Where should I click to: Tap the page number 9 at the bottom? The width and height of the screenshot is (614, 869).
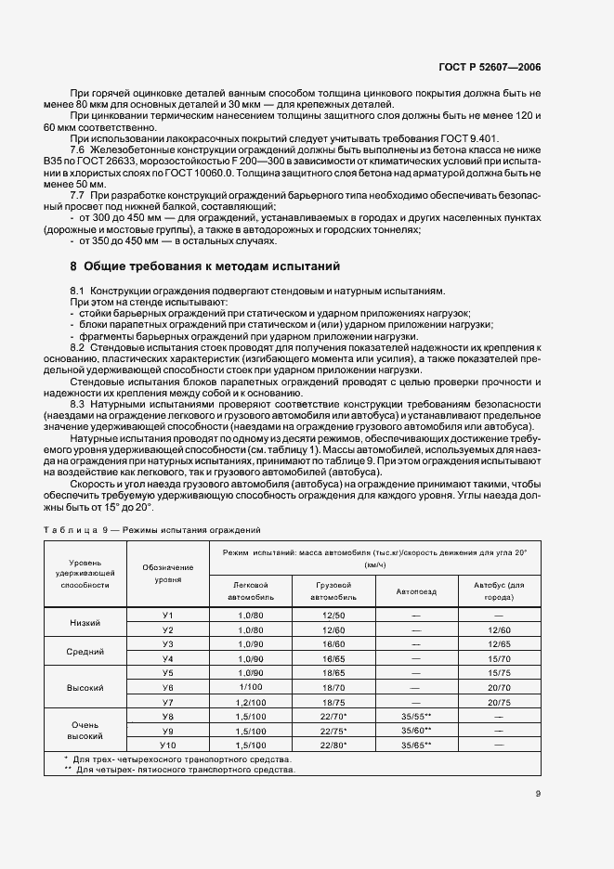pos(538,794)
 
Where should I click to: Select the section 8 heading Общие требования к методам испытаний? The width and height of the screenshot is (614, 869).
pos(206,266)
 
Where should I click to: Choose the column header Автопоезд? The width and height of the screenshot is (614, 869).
pos(415,590)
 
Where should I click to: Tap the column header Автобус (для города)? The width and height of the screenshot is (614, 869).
pos(499,590)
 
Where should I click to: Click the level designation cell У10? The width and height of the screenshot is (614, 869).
pos(168,745)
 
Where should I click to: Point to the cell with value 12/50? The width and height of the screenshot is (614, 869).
pos(333,615)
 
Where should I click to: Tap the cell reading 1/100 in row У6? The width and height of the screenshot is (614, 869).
pos(252,687)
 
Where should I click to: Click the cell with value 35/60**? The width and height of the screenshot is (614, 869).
pos(415,730)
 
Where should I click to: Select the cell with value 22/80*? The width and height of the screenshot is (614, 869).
pos(333,745)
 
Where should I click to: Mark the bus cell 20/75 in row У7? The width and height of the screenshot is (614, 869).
pos(499,702)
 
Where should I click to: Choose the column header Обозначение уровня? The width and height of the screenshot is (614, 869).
pos(168,573)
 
